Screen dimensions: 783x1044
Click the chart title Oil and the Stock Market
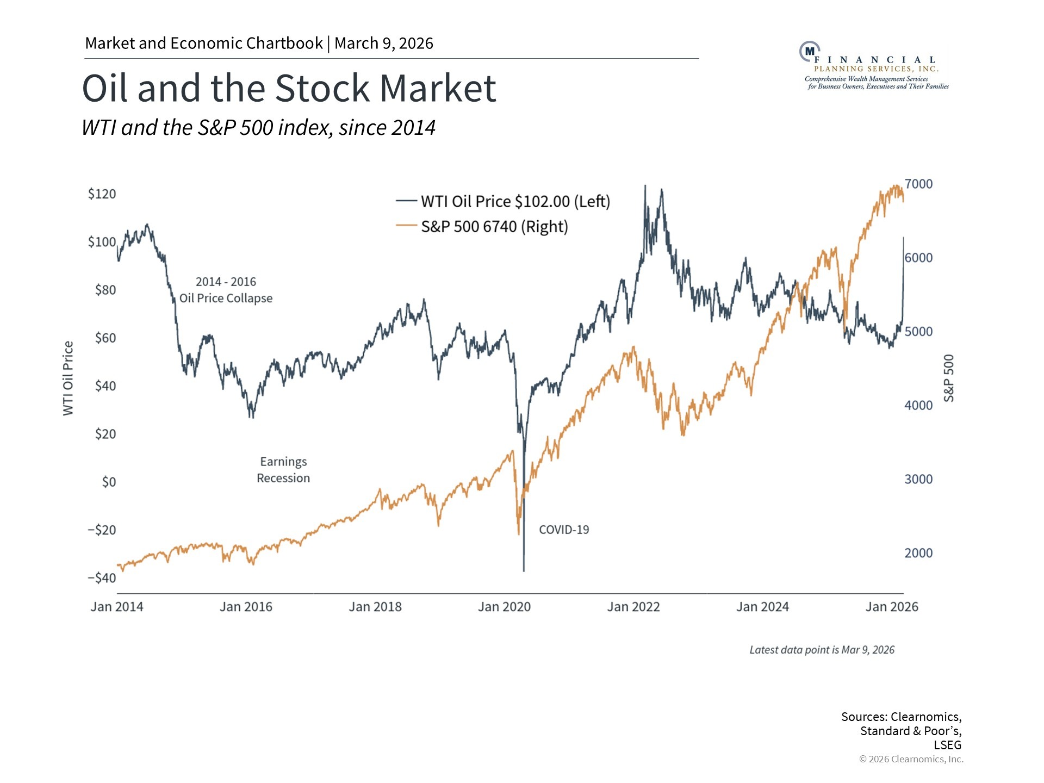point(289,88)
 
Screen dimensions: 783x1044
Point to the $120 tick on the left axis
point(102,194)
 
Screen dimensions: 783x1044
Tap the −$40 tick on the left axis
point(102,577)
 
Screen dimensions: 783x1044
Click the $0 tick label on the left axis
point(109,482)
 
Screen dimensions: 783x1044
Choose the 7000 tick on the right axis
point(918,184)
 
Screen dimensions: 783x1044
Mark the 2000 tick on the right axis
point(918,553)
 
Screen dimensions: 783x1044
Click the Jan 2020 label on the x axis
point(504,607)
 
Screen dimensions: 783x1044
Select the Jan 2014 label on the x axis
point(117,607)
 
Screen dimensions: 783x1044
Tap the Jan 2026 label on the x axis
point(892,607)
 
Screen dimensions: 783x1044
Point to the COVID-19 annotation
point(564,530)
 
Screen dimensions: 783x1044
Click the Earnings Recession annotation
point(283,470)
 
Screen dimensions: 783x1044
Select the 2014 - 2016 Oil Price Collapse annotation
point(226,290)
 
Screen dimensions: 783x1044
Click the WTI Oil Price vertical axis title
point(68,378)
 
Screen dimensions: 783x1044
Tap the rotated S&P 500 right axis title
point(949,378)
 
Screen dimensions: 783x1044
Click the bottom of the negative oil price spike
point(524,570)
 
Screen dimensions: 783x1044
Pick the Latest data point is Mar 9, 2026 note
point(822,650)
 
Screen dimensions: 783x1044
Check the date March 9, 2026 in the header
point(384,43)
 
